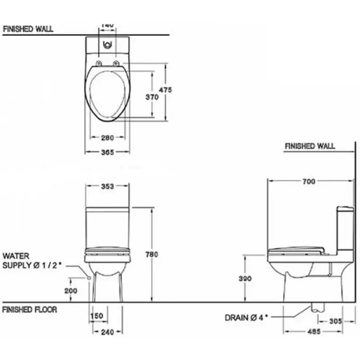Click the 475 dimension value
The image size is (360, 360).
point(165,90)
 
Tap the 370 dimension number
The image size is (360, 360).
point(152,97)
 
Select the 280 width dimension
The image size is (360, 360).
point(108,138)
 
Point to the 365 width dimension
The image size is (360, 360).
point(108,152)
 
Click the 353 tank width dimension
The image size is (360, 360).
point(108,186)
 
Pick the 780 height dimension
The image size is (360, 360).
point(152,254)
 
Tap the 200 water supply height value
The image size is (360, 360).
point(71,291)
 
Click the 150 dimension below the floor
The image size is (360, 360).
point(97,316)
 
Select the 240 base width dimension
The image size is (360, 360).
point(108,332)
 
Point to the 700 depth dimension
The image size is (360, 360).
point(309,181)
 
